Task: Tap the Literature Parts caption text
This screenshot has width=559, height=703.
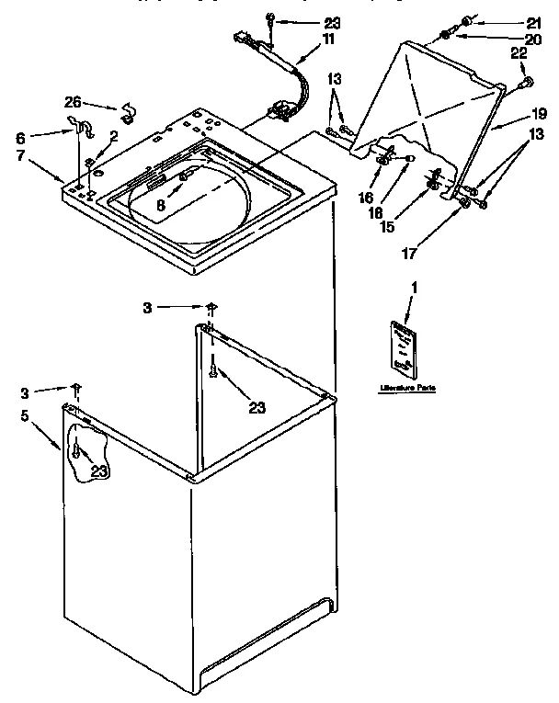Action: (x=406, y=389)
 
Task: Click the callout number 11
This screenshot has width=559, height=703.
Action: (x=328, y=40)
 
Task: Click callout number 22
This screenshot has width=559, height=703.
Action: (x=519, y=54)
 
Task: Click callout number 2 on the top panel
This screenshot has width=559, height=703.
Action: (x=113, y=136)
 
